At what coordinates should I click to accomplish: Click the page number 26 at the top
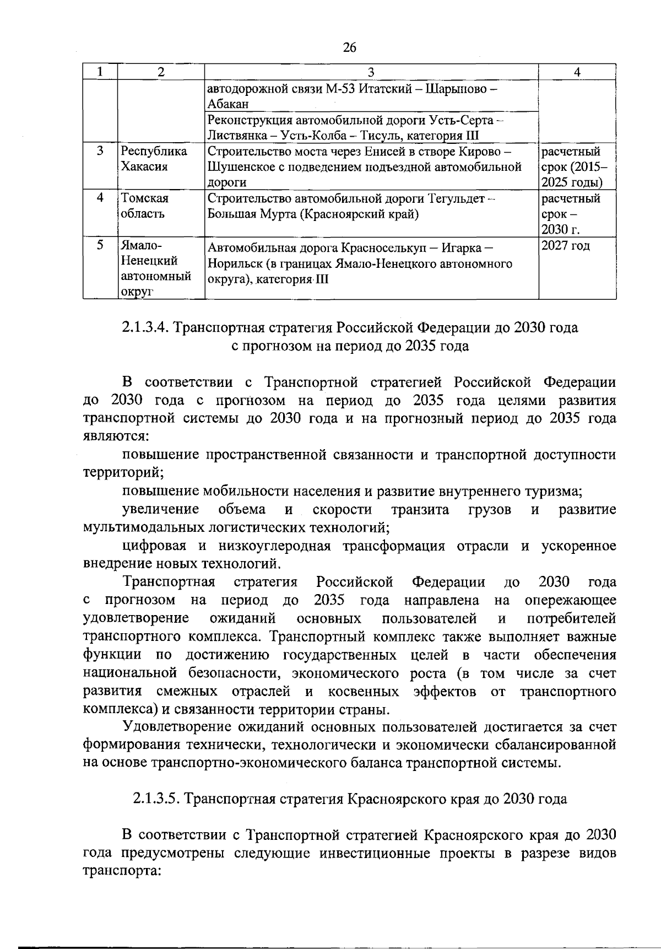350,48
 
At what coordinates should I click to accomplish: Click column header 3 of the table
371,72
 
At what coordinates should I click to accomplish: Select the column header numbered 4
577,72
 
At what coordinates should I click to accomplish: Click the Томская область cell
145,206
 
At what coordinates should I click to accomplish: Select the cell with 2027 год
565,246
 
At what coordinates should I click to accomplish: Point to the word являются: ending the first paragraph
115,436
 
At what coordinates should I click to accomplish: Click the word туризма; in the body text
552,491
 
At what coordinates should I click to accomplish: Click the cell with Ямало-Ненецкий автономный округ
155,268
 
